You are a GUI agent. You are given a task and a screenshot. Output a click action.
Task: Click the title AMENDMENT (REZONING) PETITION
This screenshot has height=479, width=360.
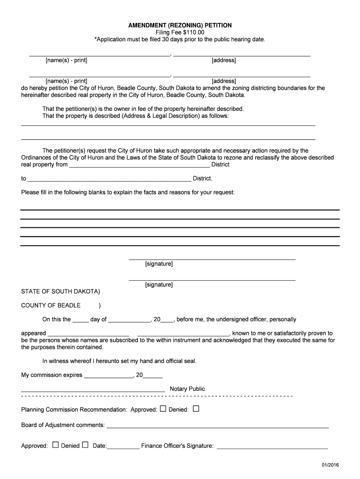pyautogui.click(x=180, y=25)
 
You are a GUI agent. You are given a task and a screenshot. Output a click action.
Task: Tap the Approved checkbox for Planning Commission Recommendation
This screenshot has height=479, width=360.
pyautogui.click(x=163, y=408)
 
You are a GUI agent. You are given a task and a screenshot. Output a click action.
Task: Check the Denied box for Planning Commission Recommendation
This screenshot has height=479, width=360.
pyautogui.click(x=196, y=408)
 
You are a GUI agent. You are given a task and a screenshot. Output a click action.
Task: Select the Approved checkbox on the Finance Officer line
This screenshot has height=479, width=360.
pyautogui.click(x=55, y=445)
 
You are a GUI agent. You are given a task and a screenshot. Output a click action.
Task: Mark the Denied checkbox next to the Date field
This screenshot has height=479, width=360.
pyautogui.click(x=85, y=445)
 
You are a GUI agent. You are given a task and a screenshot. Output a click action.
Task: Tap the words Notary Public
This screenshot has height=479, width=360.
pyautogui.click(x=187, y=389)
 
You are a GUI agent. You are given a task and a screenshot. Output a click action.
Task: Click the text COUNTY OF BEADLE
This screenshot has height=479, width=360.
pyautogui.click(x=51, y=305)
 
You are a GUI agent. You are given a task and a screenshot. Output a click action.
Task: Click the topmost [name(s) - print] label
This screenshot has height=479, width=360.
pyautogui.click(x=66, y=60)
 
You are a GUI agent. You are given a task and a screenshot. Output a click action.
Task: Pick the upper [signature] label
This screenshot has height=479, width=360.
pyautogui.click(x=159, y=264)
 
